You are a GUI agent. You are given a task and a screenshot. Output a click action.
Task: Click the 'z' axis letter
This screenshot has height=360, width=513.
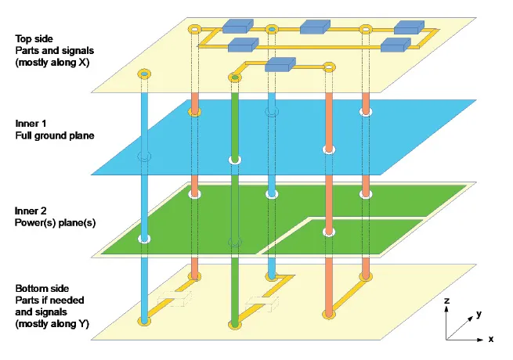(x=446, y=301)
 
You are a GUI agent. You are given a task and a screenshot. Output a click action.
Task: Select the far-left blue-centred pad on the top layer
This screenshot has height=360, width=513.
(x=143, y=75)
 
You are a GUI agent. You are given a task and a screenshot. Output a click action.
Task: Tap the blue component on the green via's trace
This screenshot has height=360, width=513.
(x=279, y=65)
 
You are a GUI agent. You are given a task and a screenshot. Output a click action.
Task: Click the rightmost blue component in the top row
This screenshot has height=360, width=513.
(x=409, y=27)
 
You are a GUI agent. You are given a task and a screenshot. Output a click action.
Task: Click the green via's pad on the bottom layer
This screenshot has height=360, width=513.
(x=234, y=323)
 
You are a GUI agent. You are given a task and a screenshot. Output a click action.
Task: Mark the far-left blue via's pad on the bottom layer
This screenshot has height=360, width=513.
(x=143, y=320)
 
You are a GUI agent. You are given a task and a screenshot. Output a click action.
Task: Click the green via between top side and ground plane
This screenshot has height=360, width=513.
(x=234, y=117)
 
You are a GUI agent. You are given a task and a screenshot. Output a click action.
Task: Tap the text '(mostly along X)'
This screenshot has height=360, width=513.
(x=50, y=62)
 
